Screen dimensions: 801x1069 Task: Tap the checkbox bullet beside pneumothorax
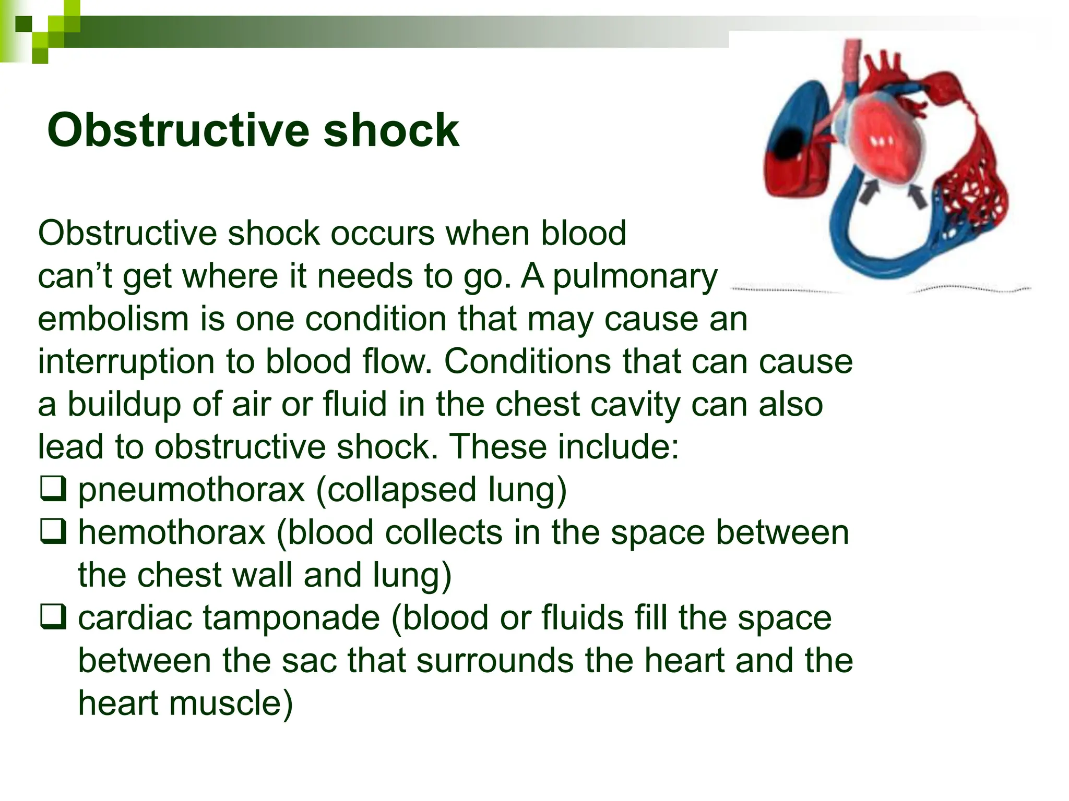(53, 489)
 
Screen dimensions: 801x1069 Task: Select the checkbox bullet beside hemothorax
(53, 531)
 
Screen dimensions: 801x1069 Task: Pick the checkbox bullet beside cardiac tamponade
(53, 617)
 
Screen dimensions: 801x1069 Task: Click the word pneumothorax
(191, 491)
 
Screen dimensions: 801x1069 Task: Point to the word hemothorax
(172, 532)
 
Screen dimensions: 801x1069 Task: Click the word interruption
(126, 361)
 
